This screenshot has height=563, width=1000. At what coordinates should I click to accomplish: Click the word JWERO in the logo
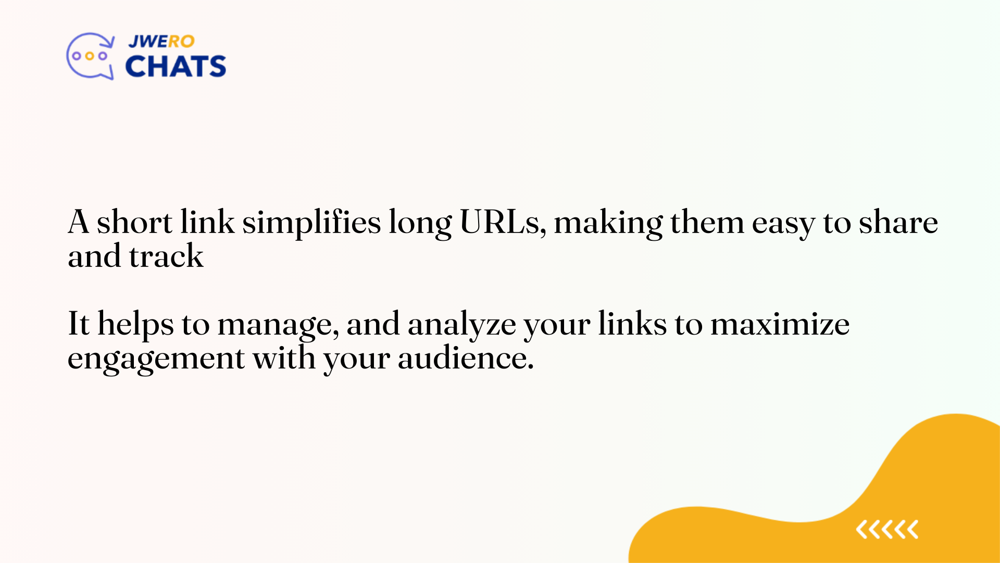(x=161, y=42)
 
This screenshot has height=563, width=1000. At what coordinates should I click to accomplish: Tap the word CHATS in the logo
(x=176, y=66)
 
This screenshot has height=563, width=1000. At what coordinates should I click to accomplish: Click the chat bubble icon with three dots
(x=90, y=56)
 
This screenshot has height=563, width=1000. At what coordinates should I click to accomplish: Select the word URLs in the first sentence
(x=503, y=222)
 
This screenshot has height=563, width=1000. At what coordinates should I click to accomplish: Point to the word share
(x=898, y=222)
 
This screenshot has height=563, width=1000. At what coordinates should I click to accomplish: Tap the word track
(x=166, y=256)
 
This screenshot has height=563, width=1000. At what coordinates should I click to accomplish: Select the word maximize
(x=780, y=324)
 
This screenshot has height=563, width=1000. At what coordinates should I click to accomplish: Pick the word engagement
(x=156, y=359)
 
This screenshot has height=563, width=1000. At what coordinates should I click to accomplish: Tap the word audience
(x=465, y=358)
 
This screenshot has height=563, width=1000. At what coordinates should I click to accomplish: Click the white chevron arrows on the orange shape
(x=887, y=530)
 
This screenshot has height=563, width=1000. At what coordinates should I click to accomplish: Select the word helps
(x=135, y=324)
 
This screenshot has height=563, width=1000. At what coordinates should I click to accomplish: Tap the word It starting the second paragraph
(x=79, y=323)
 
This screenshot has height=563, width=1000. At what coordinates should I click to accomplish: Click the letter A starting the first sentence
(x=79, y=222)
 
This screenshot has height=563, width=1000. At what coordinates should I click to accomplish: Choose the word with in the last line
(x=284, y=358)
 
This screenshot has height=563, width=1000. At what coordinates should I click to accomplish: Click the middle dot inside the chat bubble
(x=90, y=56)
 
